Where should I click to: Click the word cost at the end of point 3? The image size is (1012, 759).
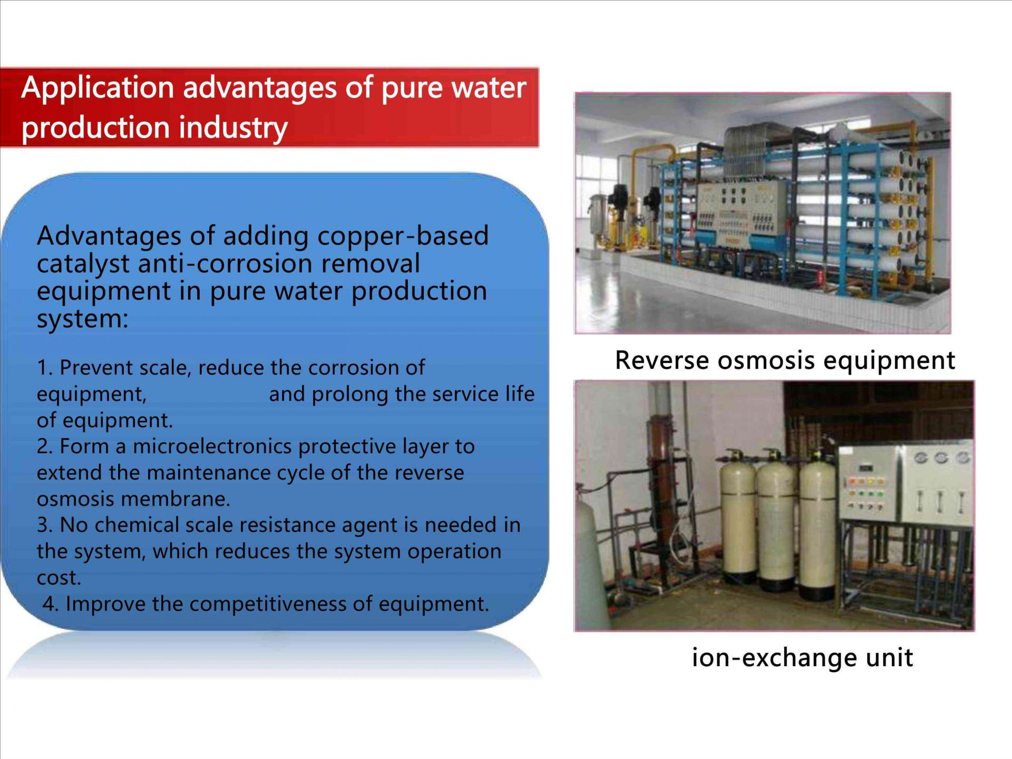coord(59,578)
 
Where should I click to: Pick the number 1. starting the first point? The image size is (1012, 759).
coord(45,367)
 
